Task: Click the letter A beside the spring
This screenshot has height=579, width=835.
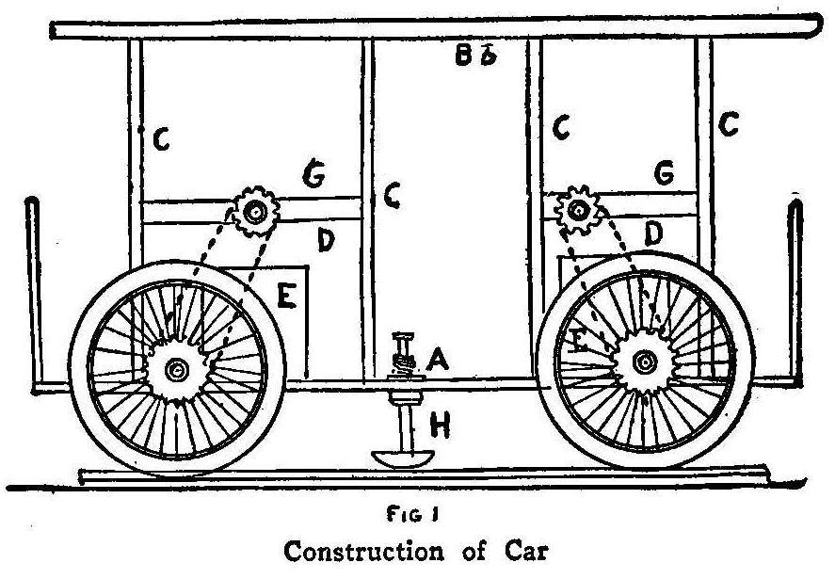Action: coord(435,358)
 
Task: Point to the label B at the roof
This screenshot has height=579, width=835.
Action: coord(463,56)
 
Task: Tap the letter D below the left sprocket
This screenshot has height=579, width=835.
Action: coord(326,242)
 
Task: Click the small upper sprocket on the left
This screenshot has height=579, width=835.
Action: coord(252,213)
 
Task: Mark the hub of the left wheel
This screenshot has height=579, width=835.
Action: coord(175,372)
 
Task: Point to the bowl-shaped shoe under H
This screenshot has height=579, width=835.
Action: coord(402,458)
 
